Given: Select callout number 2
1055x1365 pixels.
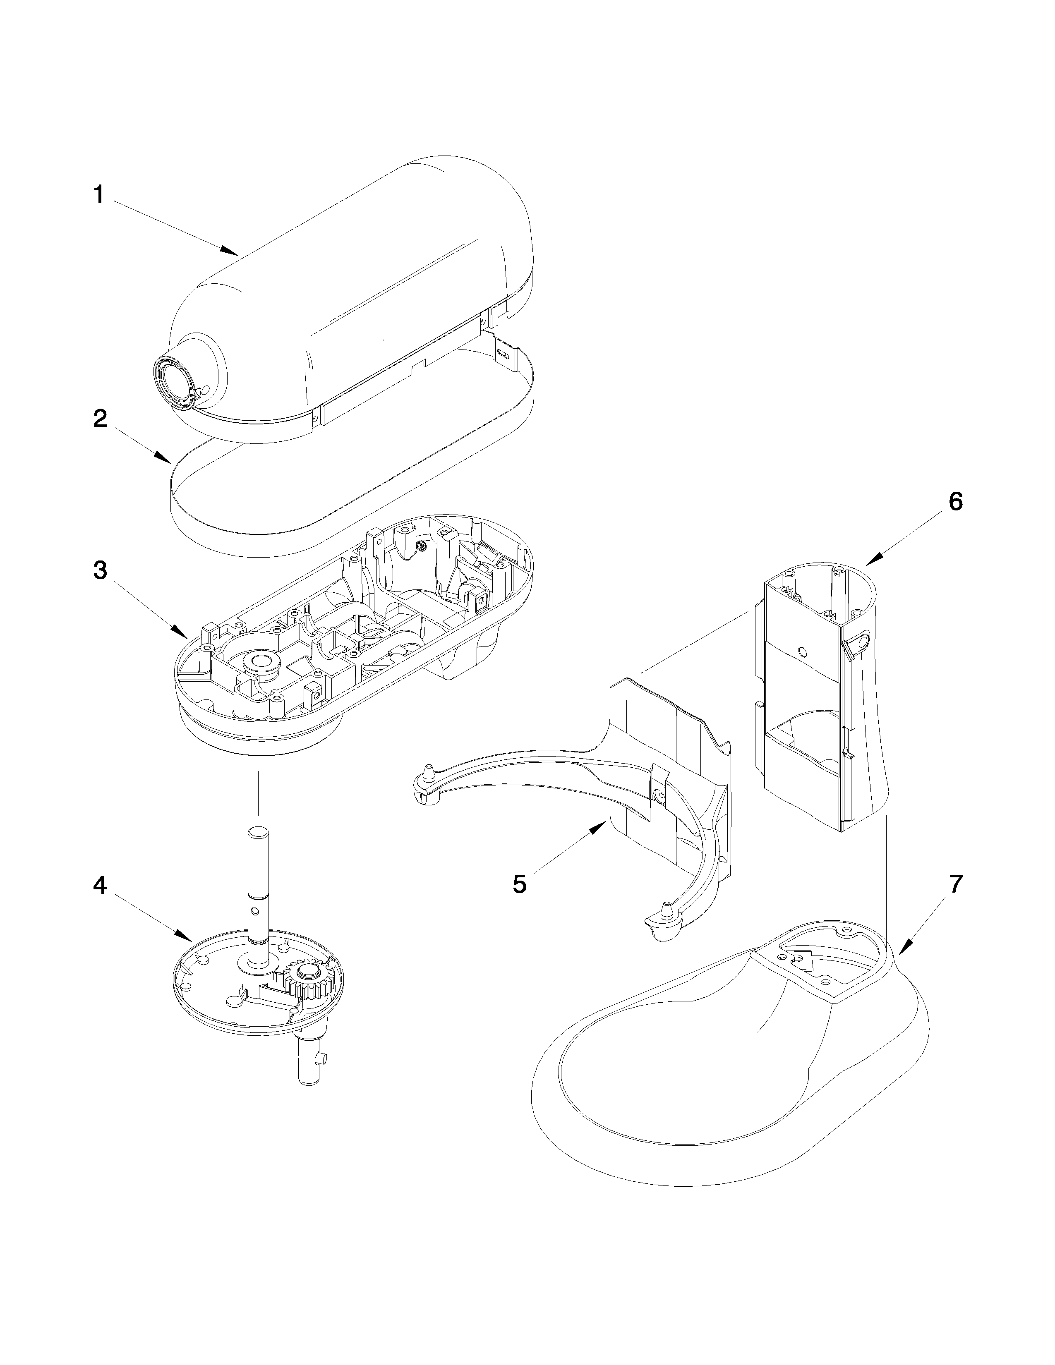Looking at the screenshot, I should tap(100, 418).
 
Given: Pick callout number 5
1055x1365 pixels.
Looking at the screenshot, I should tap(519, 884).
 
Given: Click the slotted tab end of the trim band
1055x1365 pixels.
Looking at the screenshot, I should tap(504, 353).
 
